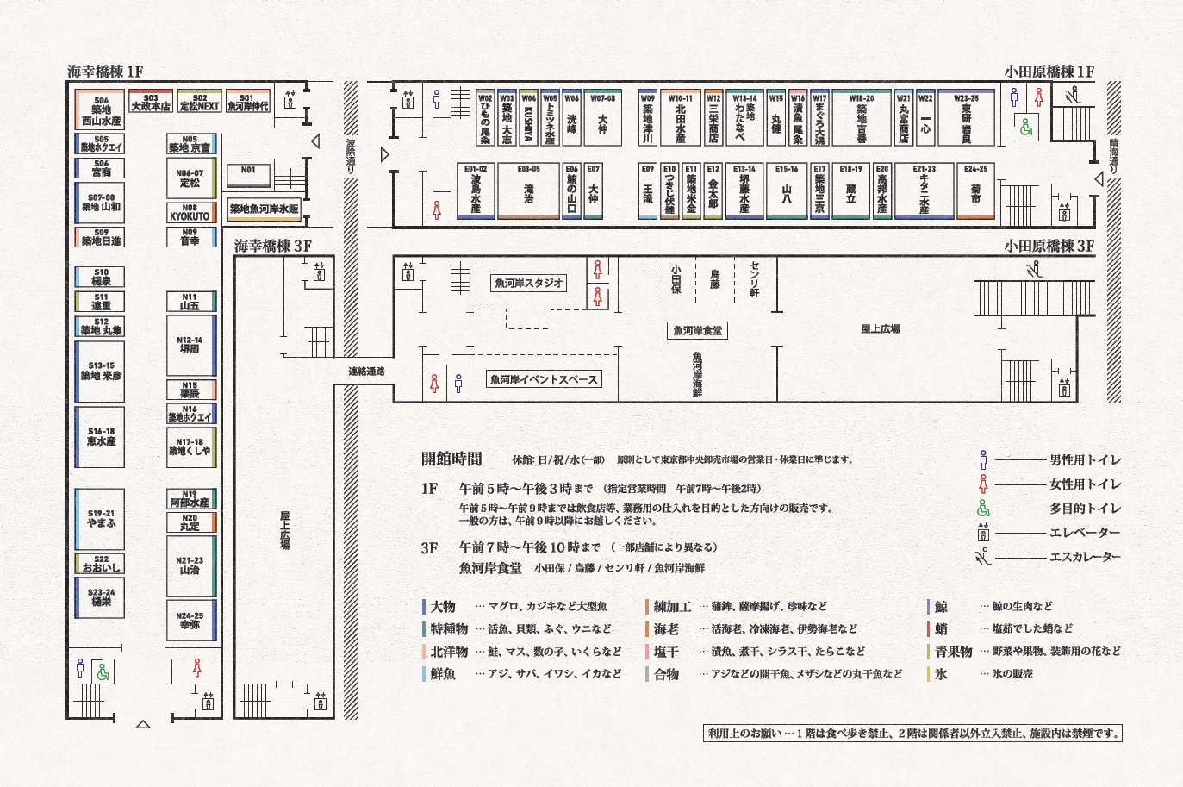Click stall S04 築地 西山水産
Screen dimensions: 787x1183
101,111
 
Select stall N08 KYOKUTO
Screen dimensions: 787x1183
190,212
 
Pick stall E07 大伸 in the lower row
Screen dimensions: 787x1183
593,191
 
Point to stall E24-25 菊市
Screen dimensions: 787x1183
975,191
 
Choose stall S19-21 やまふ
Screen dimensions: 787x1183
101,519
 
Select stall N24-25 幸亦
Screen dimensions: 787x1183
190,621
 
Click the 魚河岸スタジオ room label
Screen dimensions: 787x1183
529,283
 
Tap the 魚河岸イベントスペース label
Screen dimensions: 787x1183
543,379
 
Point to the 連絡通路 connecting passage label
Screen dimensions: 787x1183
366,372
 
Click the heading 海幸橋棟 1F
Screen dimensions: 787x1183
105,72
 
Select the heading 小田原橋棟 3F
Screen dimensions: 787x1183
1049,246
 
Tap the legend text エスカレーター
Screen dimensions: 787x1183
1084,557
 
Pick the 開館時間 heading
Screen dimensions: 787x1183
451,459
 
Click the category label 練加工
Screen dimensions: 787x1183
672,607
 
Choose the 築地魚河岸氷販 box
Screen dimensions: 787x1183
264,209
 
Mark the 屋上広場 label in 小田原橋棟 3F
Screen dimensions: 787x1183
880,329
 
